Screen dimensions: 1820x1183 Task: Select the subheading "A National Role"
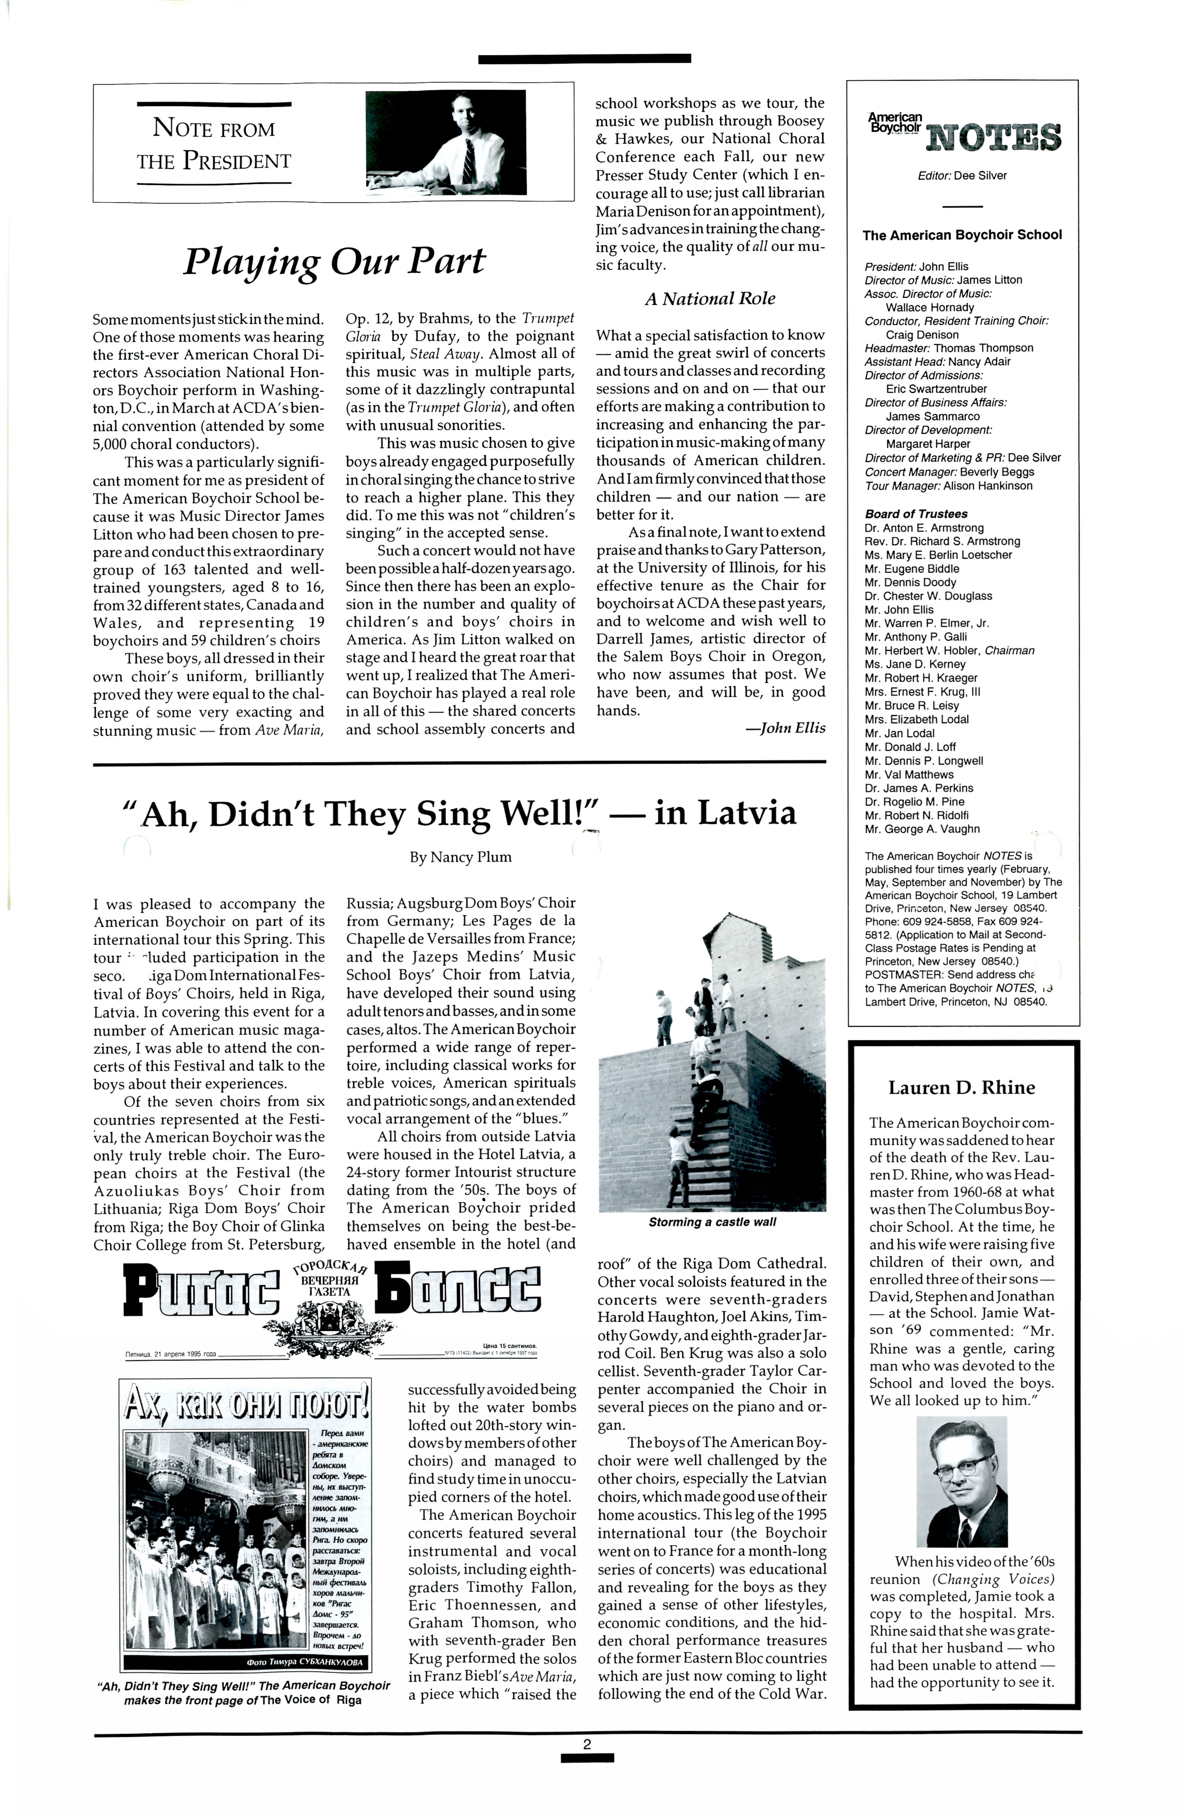pos(710,299)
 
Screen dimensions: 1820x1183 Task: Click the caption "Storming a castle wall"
pos(712,1222)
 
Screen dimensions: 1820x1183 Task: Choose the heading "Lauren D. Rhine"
pos(961,1087)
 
